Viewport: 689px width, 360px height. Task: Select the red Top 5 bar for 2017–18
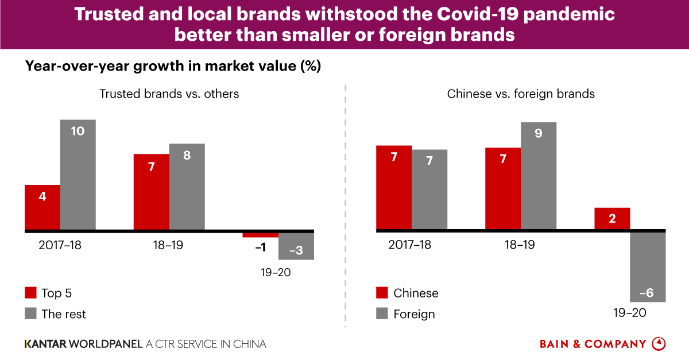pyautogui.click(x=42, y=208)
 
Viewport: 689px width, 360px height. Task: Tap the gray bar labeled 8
pyautogui.click(x=187, y=187)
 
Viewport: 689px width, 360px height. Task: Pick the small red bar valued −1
pyautogui.click(x=260, y=235)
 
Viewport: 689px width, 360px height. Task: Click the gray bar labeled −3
pyautogui.click(x=296, y=246)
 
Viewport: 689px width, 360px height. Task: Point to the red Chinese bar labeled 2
pyautogui.click(x=612, y=219)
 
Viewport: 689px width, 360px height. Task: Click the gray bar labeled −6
pyautogui.click(x=648, y=267)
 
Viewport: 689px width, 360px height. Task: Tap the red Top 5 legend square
pyautogui.click(x=30, y=293)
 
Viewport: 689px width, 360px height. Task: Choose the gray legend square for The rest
pyautogui.click(x=30, y=313)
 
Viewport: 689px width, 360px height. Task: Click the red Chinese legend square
pyautogui.click(x=382, y=293)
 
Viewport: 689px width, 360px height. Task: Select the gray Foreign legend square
pyautogui.click(x=382, y=313)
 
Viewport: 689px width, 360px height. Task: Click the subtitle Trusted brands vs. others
pyautogui.click(x=169, y=94)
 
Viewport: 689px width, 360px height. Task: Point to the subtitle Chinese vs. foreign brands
pyautogui.click(x=521, y=94)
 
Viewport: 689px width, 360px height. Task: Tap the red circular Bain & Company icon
pyautogui.click(x=659, y=344)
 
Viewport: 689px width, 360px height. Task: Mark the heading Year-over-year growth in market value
pyautogui.click(x=172, y=66)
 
